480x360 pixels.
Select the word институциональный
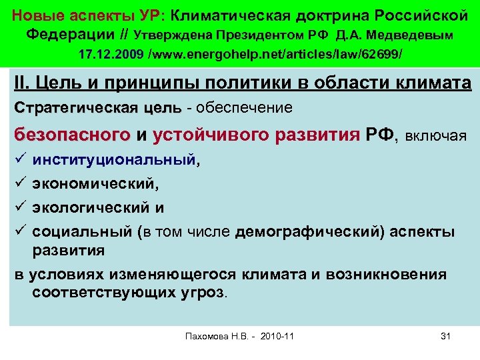click(115, 160)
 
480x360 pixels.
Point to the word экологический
click(93, 208)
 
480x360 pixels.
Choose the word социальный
click(82, 232)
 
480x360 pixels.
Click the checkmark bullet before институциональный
click(19, 160)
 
